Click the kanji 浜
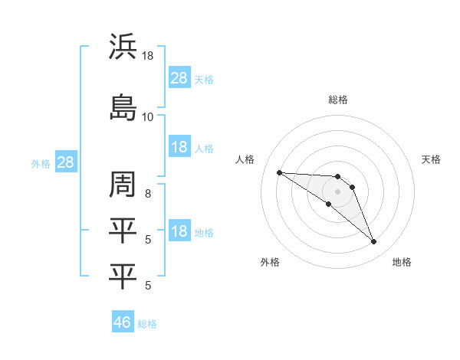(123, 47)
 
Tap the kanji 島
(123, 106)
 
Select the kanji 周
(123, 185)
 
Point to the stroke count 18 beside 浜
(148, 56)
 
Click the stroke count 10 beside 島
(148, 116)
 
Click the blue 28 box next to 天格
(179, 77)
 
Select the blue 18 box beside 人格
(179, 147)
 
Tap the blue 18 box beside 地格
(179, 231)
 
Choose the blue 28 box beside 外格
(65, 162)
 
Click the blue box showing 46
(123, 322)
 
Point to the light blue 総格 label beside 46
(147, 324)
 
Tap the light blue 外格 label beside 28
(41, 163)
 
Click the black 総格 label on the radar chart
(338, 100)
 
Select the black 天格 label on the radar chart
(432, 159)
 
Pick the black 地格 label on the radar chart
(402, 262)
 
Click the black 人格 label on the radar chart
(245, 159)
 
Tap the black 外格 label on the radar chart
(270, 262)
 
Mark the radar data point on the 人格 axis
(279, 172)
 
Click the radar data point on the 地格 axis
(374, 242)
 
